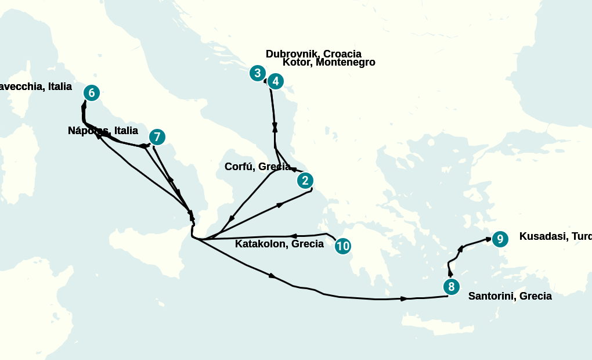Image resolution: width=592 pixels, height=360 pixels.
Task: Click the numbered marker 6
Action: (x=91, y=93)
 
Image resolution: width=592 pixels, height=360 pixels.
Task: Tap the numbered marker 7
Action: (x=157, y=137)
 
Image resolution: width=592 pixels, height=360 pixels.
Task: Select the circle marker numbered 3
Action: (x=257, y=73)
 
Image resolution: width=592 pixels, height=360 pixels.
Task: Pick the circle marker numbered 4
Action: (x=276, y=81)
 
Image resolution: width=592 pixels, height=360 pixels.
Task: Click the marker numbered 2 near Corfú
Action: (x=305, y=181)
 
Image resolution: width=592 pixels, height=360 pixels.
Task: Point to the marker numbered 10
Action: (x=342, y=246)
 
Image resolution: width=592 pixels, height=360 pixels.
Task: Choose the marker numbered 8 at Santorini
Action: (x=451, y=287)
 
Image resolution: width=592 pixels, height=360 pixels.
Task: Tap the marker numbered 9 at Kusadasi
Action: (x=500, y=239)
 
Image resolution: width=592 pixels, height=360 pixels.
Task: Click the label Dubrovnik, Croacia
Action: (x=313, y=54)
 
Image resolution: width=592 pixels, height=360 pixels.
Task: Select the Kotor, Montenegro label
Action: (x=329, y=63)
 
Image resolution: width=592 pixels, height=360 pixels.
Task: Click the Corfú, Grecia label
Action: (x=257, y=167)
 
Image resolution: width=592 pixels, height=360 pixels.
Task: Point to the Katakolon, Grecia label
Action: (x=279, y=244)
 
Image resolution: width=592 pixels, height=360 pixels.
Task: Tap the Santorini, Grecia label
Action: (x=510, y=296)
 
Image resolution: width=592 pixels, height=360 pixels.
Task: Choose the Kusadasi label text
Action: (x=555, y=236)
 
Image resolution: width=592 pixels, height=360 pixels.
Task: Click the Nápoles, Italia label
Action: (x=103, y=131)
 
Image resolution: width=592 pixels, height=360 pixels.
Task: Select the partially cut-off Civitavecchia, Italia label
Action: (x=35, y=87)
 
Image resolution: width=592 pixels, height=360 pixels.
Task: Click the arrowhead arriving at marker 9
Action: (x=488, y=239)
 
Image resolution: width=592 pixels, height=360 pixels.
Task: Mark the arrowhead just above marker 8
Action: (x=450, y=272)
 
